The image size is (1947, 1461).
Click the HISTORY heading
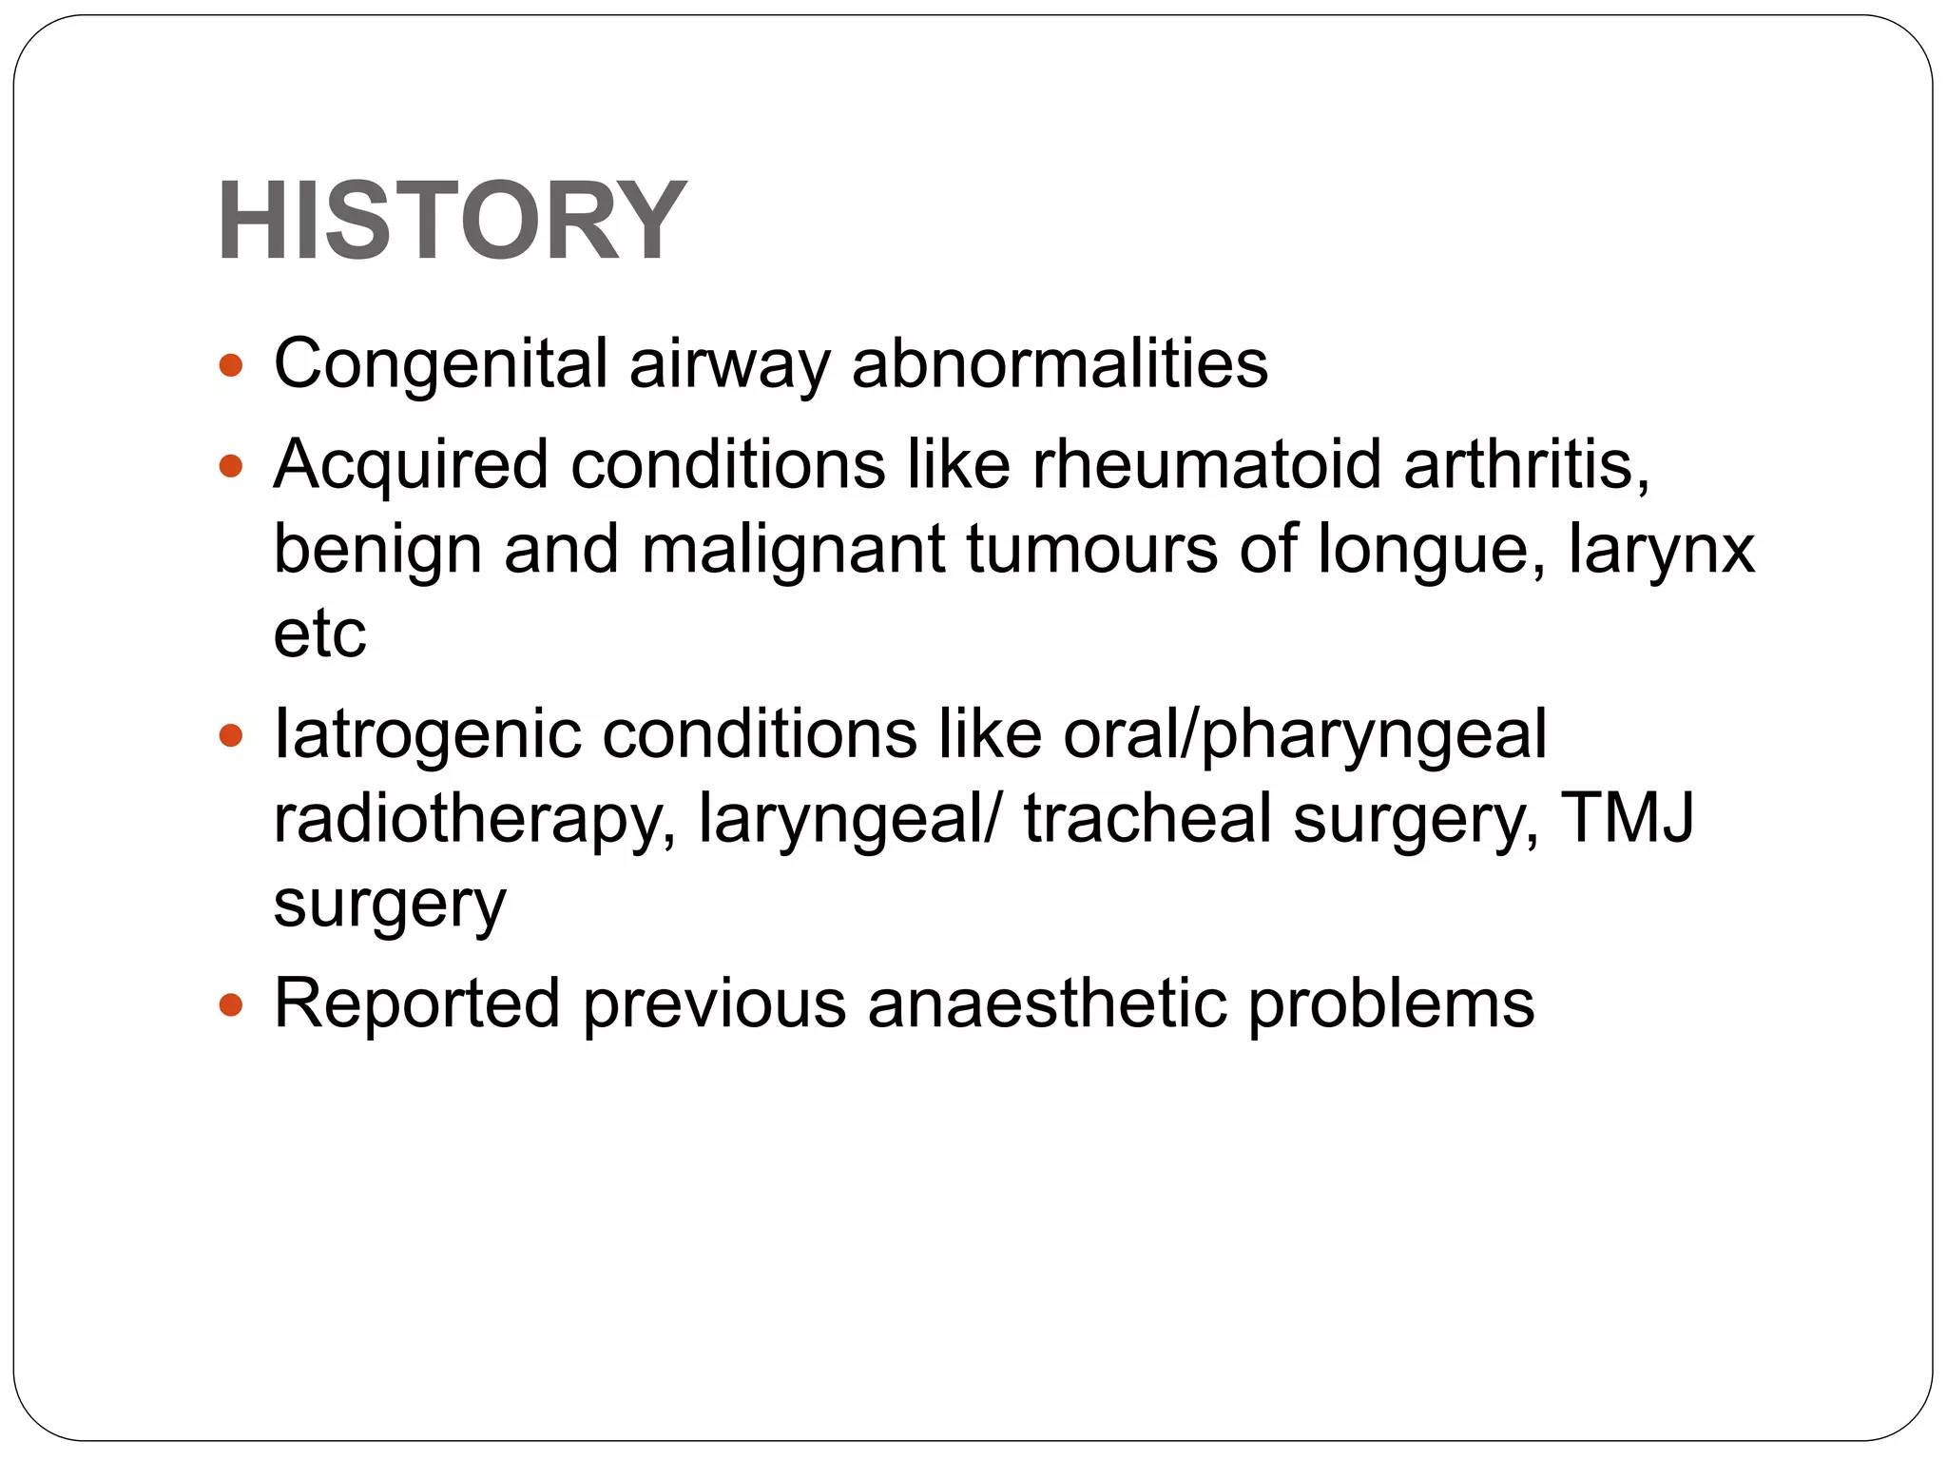(x=452, y=221)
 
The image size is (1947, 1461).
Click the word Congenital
(x=440, y=364)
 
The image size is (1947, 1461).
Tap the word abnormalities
(x=1059, y=364)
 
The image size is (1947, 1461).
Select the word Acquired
(x=411, y=465)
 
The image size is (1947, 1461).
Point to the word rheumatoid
(x=1206, y=465)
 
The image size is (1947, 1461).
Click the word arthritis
(x=1527, y=465)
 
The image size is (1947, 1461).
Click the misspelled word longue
(x=1431, y=552)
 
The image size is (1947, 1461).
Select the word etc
(x=319, y=635)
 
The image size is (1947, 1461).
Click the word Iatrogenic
(x=427, y=734)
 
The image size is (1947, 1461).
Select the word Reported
(x=416, y=1004)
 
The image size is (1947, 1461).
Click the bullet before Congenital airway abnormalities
(x=231, y=365)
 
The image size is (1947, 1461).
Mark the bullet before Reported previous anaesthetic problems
(x=231, y=1004)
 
